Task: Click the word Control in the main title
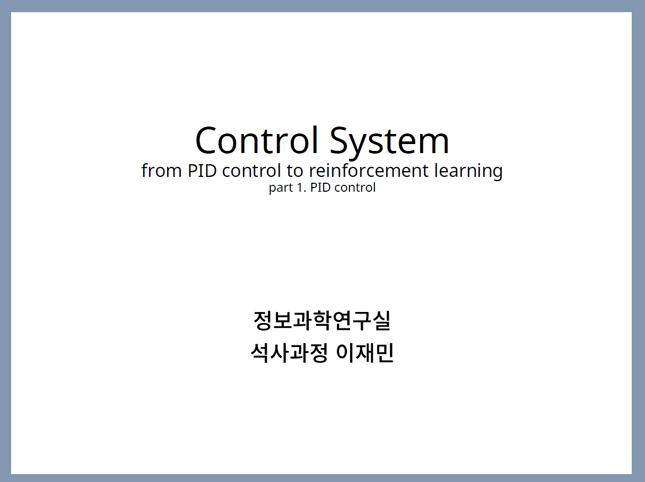click(x=257, y=140)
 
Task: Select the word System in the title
click(x=389, y=143)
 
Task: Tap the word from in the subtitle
click(x=161, y=170)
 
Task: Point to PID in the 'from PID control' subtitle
click(x=202, y=171)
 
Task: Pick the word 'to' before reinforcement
click(x=295, y=171)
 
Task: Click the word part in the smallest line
click(x=281, y=188)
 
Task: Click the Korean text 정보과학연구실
click(x=322, y=320)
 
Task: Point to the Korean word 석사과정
click(x=289, y=353)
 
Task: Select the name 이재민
click(x=364, y=353)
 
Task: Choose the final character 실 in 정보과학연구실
click(x=381, y=320)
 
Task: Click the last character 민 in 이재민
click(x=385, y=353)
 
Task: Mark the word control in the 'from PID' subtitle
click(x=251, y=170)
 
